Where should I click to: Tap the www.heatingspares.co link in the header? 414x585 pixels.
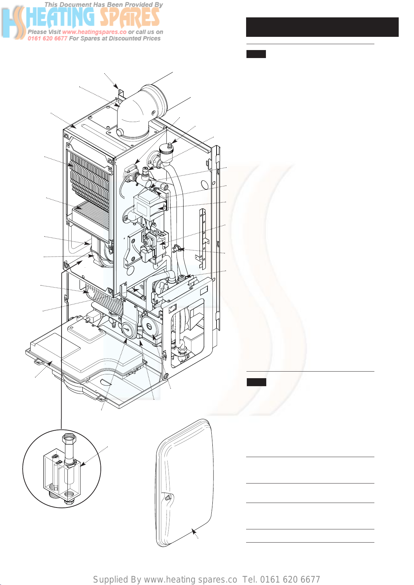[x=94, y=32]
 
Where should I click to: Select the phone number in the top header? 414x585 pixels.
[x=47, y=39]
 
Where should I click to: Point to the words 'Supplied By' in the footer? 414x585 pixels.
[x=117, y=579]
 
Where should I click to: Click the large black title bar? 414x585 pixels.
[x=322, y=27]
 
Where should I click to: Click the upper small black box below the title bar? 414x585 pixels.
[x=256, y=54]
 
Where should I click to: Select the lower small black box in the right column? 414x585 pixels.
[x=256, y=382]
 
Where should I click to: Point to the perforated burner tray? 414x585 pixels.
[x=91, y=214]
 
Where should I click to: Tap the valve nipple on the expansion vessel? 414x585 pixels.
[x=168, y=497]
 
